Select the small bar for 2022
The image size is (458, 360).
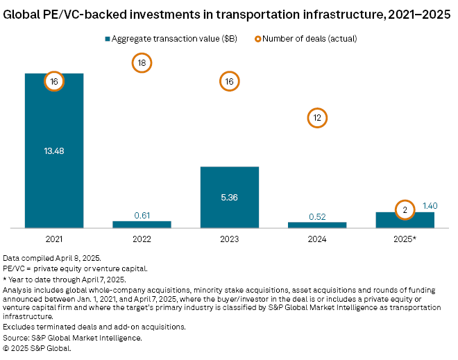click(x=142, y=224)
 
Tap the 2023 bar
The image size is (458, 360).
click(x=230, y=208)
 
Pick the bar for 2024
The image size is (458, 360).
click(x=317, y=225)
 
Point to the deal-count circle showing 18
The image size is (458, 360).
click(x=142, y=63)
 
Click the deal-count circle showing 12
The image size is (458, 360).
click(x=317, y=118)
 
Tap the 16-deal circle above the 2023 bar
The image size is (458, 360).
click(x=230, y=82)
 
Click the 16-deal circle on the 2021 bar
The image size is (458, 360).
click(x=54, y=82)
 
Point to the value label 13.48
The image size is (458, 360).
click(x=54, y=151)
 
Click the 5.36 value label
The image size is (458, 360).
click(x=230, y=196)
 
